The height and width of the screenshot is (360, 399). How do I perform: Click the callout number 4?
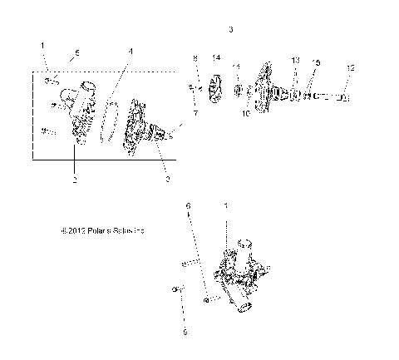(130, 52)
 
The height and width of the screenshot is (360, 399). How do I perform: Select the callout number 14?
(216, 57)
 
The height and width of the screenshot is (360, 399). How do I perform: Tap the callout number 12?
(350, 67)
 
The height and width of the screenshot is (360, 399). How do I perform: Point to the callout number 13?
(295, 62)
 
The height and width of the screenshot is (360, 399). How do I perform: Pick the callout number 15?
(315, 63)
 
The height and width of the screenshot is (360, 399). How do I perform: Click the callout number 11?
(236, 67)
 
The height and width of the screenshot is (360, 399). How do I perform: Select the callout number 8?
(195, 58)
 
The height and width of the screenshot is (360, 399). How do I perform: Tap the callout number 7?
(195, 111)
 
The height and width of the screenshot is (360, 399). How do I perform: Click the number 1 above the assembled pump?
(224, 205)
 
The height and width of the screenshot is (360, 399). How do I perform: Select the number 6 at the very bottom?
(185, 331)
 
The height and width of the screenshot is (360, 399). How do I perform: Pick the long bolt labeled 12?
(328, 97)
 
